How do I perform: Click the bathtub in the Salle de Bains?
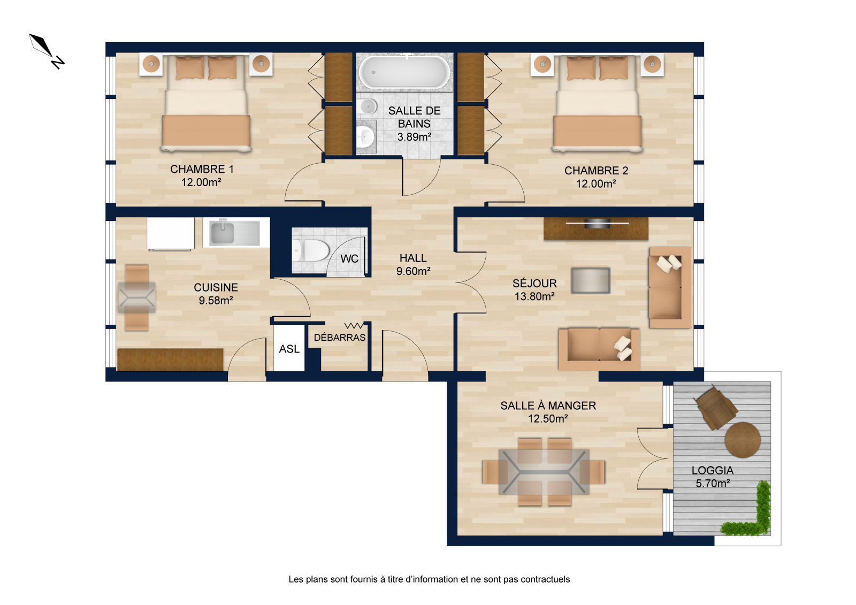(404, 72)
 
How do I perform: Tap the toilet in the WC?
(311, 251)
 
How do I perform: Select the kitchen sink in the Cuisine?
(236, 232)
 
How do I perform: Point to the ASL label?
(289, 349)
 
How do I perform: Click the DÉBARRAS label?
(339, 338)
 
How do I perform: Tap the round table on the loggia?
(743, 440)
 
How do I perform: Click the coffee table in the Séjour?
(591, 280)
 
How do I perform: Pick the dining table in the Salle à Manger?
(544, 472)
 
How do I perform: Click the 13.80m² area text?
(534, 296)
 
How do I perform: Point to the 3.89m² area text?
(414, 137)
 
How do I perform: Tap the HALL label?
(413, 258)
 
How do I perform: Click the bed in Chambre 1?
(206, 103)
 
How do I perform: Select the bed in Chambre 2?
(597, 103)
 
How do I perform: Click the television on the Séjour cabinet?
(597, 224)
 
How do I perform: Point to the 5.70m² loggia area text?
(713, 484)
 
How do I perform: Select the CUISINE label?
(216, 287)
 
